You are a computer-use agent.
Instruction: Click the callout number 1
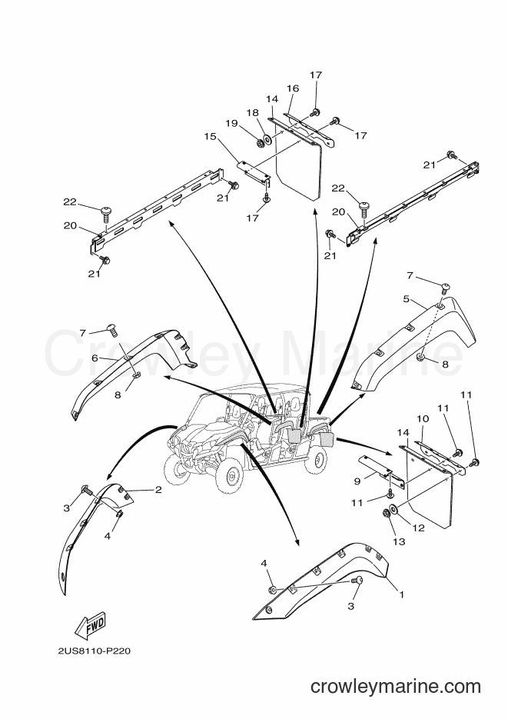pyautogui.click(x=402, y=594)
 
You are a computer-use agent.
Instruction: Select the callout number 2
pyautogui.click(x=158, y=490)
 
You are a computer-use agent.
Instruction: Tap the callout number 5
pyautogui.click(x=407, y=299)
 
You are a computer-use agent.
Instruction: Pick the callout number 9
pyautogui.click(x=357, y=481)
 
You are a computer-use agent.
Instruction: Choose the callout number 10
pyautogui.click(x=423, y=418)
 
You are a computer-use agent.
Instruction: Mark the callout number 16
pyautogui.click(x=293, y=88)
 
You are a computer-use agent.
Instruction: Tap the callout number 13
pyautogui.click(x=399, y=541)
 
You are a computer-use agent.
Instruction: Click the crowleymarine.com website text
pyautogui.click(x=396, y=686)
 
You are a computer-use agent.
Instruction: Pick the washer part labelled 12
pyautogui.click(x=393, y=509)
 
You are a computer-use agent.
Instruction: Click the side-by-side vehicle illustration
pyautogui.click(x=247, y=440)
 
